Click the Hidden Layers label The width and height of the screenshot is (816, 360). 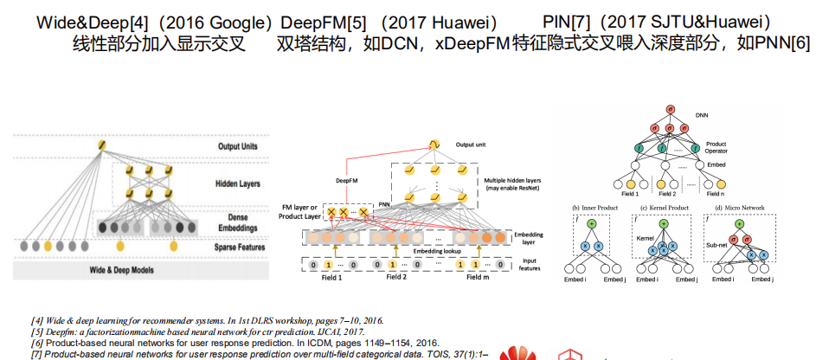tap(237, 183)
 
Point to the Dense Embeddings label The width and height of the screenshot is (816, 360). tap(237, 222)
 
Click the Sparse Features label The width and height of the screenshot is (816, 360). tap(237, 247)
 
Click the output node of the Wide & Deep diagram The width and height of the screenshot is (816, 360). tap(101, 145)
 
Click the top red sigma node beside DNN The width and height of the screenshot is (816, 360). tap(669, 109)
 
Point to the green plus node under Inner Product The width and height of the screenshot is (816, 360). tap(592, 224)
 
